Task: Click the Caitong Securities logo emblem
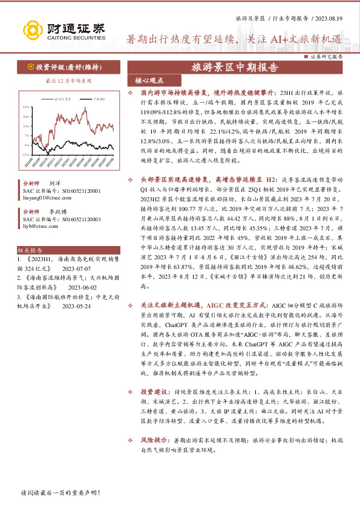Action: (x=32, y=31)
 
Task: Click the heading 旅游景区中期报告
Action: (x=235, y=67)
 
